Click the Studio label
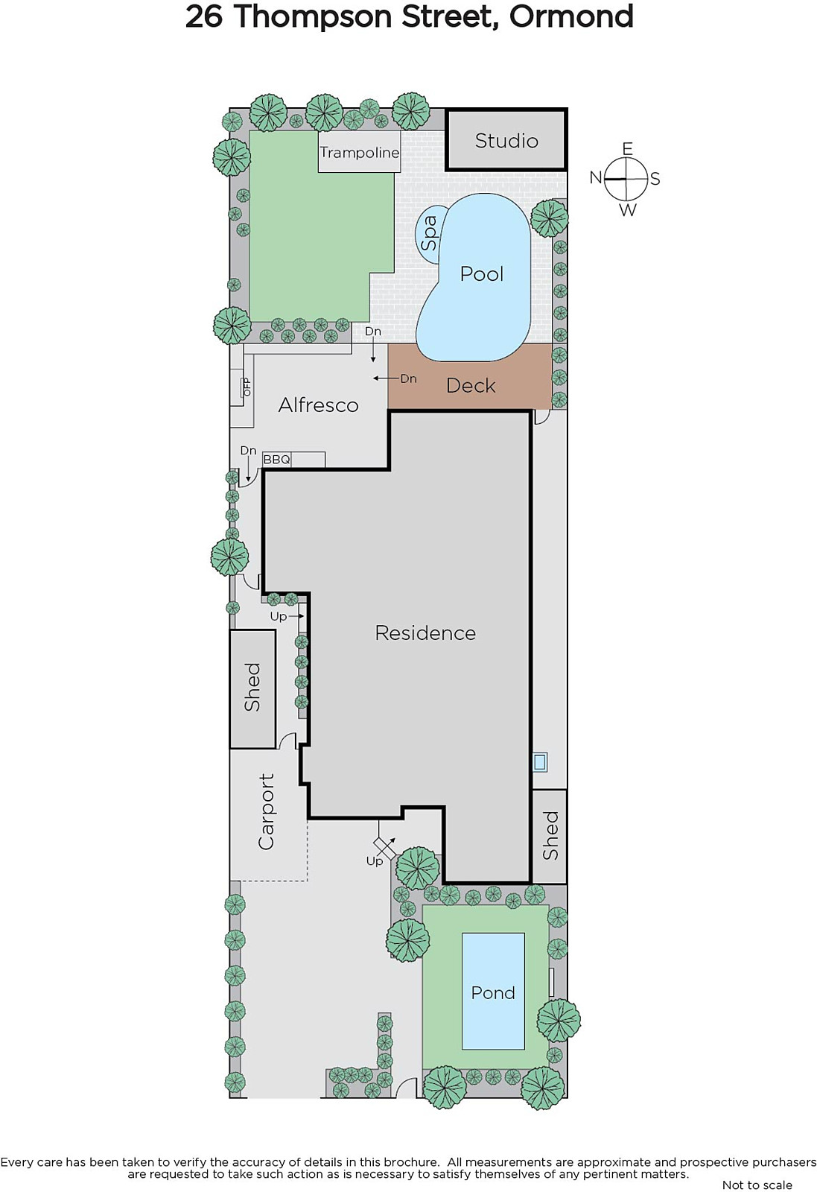click(506, 141)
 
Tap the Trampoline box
click(360, 152)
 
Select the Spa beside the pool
click(429, 234)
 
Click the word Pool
click(481, 274)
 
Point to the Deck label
click(471, 386)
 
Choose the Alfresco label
click(318, 405)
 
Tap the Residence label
click(425, 633)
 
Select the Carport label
click(265, 811)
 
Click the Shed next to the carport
click(252, 688)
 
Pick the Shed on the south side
click(550, 836)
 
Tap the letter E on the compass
click(628, 148)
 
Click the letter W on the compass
click(628, 210)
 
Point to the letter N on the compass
click(596, 178)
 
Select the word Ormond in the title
click(571, 16)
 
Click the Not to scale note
click(757, 1185)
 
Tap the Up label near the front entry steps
click(375, 861)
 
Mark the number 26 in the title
click(204, 17)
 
